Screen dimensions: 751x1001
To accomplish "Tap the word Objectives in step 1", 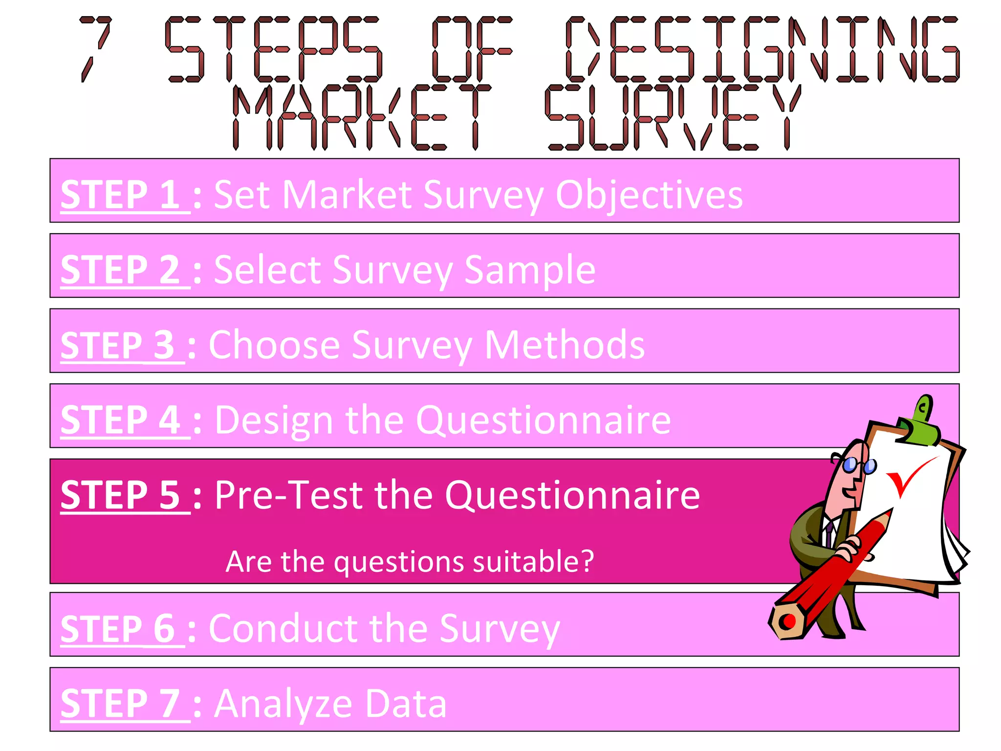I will click(649, 195).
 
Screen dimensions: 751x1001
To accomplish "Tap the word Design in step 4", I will click(273, 420).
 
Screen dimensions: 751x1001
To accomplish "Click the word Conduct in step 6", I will click(284, 629).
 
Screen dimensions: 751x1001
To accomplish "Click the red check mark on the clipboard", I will click(907, 477).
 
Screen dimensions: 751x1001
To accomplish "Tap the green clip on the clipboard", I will click(921, 420).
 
